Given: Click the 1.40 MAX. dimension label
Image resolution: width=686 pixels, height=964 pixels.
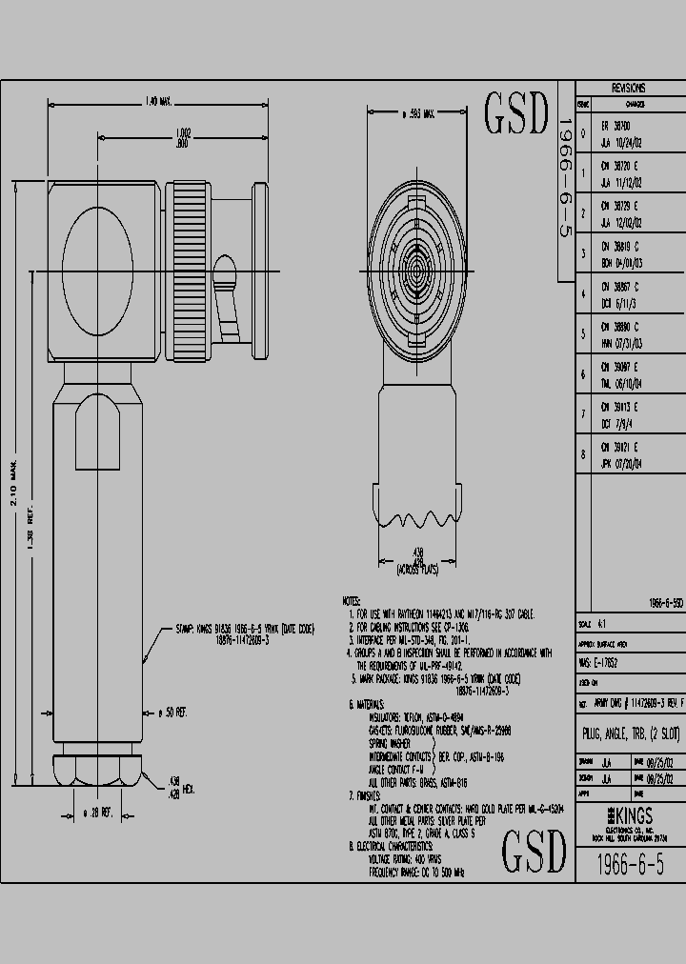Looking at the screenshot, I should point(158,100).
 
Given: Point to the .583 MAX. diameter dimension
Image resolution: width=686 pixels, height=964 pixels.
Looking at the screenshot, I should point(416,113).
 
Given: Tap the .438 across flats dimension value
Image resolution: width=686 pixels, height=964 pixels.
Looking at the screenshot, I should point(416,552).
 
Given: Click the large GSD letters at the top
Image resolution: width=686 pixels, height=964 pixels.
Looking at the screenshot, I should point(518,114).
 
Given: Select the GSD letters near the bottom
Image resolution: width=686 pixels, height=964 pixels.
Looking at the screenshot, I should point(533,850).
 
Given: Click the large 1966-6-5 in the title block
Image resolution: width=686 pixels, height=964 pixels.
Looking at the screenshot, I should point(629,864).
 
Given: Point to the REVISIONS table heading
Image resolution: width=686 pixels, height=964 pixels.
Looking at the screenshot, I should point(629,87).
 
